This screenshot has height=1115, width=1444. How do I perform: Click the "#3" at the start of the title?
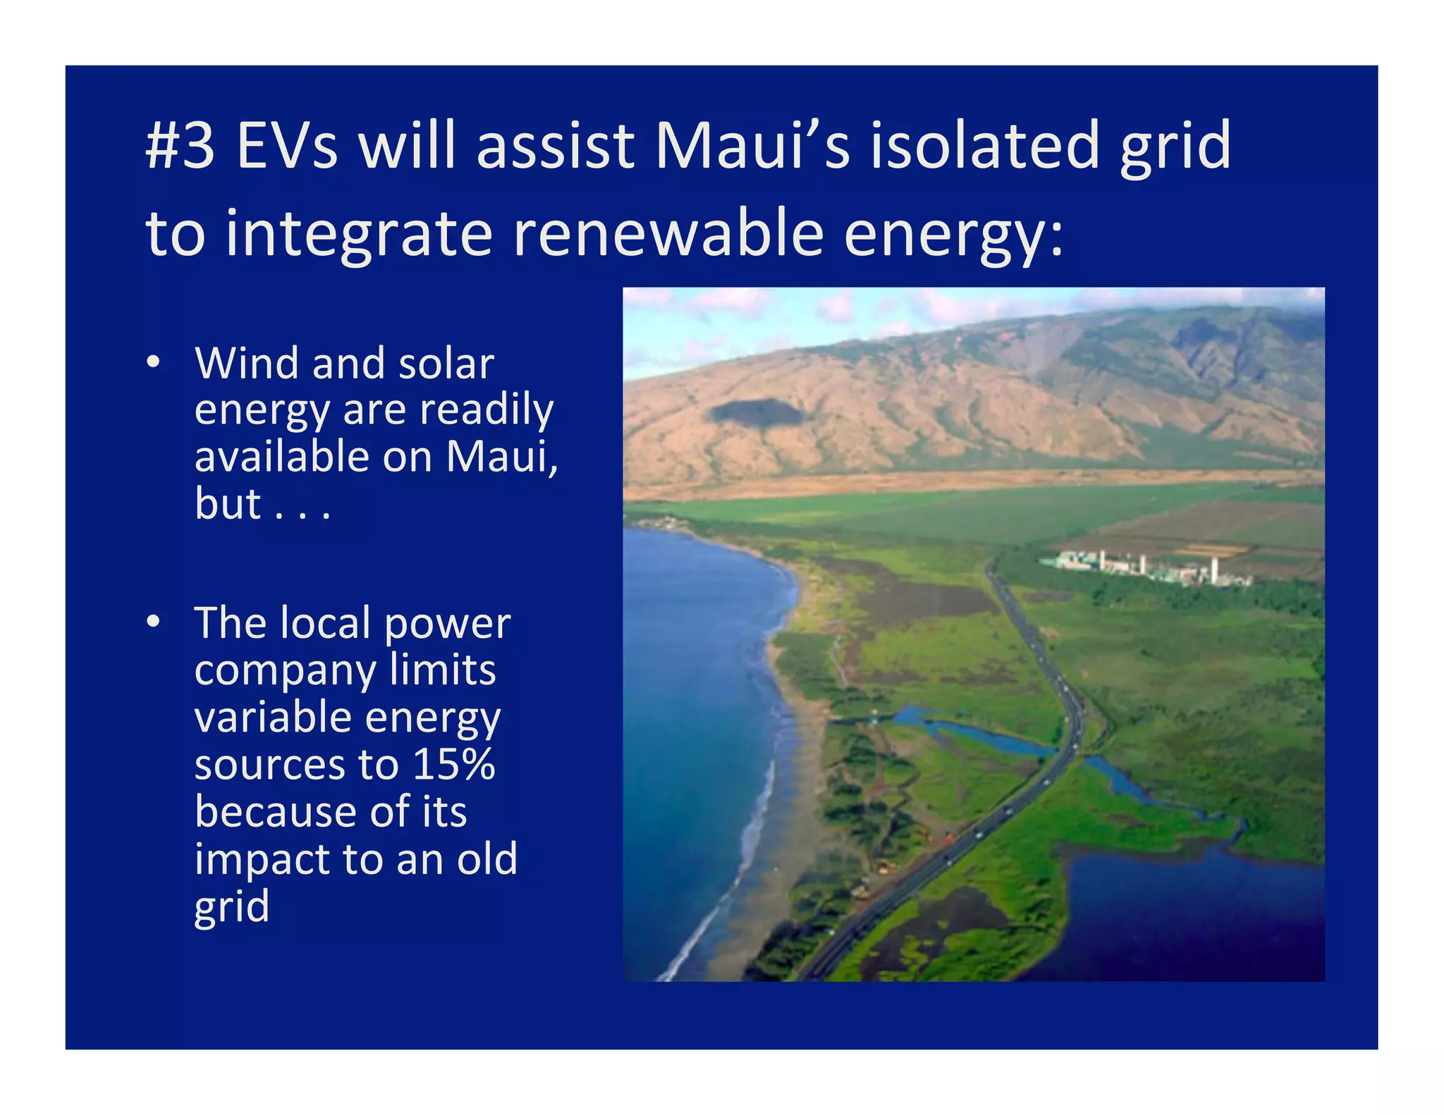pos(180,146)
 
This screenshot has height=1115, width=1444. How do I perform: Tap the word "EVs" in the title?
pos(287,146)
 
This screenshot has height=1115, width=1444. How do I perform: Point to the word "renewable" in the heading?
pos(668,234)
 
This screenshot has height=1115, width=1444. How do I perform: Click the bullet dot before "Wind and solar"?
pos(154,364)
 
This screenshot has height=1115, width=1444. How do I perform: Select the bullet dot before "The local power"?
pos(154,623)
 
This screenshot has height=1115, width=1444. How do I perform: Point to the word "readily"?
pos(487,410)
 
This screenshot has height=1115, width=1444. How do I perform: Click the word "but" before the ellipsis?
pos(228,504)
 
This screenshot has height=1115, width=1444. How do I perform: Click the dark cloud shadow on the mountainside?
pos(754,412)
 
